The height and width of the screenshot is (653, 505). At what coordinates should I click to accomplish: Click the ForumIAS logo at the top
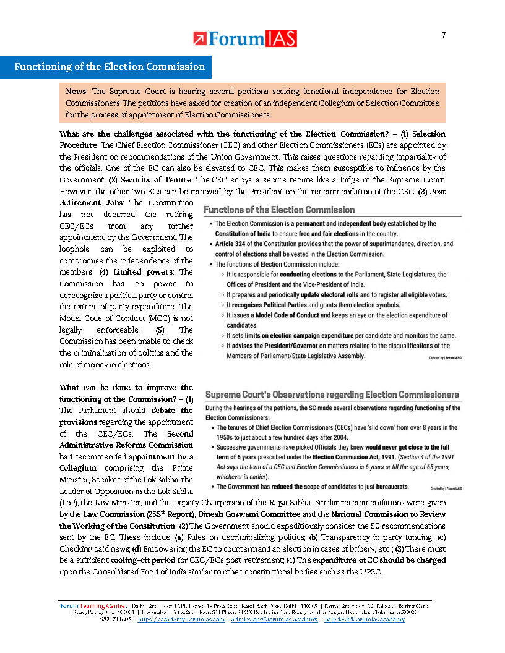[245, 38]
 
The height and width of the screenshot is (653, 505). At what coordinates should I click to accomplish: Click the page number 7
[443, 35]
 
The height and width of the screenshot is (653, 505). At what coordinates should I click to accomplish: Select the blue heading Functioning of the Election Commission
[110, 67]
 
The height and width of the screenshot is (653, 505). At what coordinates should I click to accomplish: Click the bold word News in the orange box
[77, 91]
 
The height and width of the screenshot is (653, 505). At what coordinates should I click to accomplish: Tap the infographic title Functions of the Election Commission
[280, 210]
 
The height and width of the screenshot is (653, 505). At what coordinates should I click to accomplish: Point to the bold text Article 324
[236, 244]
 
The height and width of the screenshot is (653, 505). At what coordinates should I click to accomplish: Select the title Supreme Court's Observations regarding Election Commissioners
[332, 395]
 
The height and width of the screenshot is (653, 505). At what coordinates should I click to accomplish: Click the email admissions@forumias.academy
[274, 619]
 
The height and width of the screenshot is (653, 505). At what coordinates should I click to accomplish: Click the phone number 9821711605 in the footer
[115, 619]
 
